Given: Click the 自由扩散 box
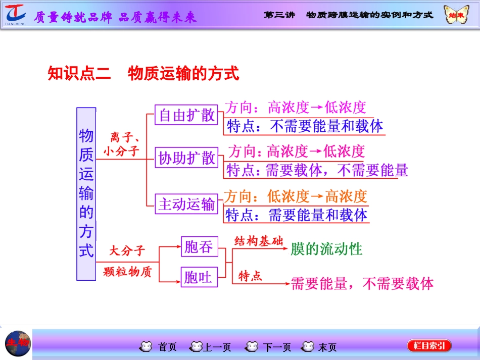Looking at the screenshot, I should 186,115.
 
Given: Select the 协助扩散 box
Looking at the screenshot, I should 186,158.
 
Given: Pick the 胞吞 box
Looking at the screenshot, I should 199,247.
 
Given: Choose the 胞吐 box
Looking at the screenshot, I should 199,277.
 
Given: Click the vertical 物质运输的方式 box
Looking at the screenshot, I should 86,193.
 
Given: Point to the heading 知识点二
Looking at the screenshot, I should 79,74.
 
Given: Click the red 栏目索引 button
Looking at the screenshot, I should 429,346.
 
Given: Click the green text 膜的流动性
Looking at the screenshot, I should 327,249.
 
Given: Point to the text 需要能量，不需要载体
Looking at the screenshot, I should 362,283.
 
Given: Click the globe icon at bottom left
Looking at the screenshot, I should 18,343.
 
